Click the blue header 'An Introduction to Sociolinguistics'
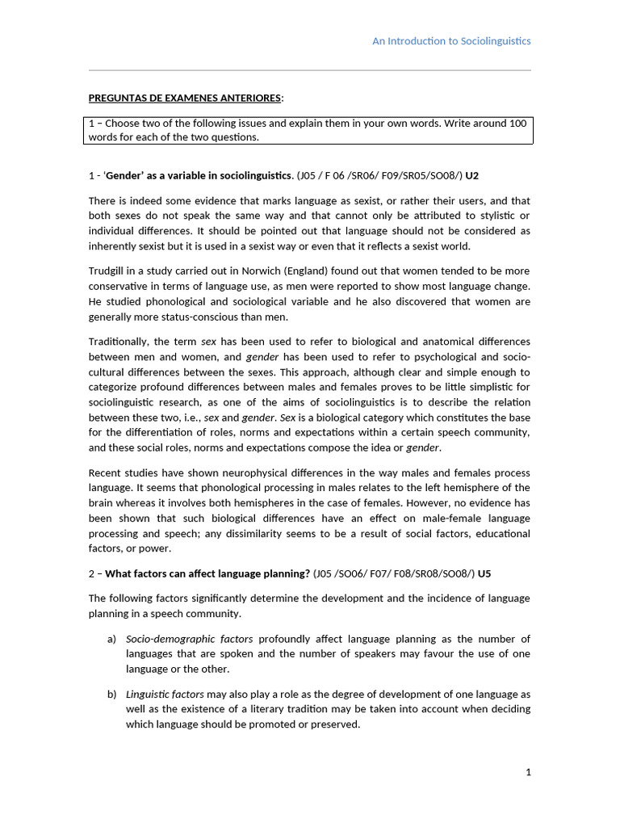pyautogui.click(x=451, y=41)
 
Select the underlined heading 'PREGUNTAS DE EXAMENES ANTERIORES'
pyautogui.click(x=185, y=99)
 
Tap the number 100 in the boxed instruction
pyautogui.click(x=517, y=124)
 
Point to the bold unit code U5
pyautogui.click(x=484, y=574)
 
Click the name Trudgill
pyautogui.click(x=107, y=271)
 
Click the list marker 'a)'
pyautogui.click(x=111, y=639)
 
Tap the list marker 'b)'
pyautogui.click(x=111, y=695)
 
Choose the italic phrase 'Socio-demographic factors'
pyautogui.click(x=189, y=639)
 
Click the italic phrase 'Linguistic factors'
pyautogui.click(x=165, y=695)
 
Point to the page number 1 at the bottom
pyautogui.click(x=528, y=773)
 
